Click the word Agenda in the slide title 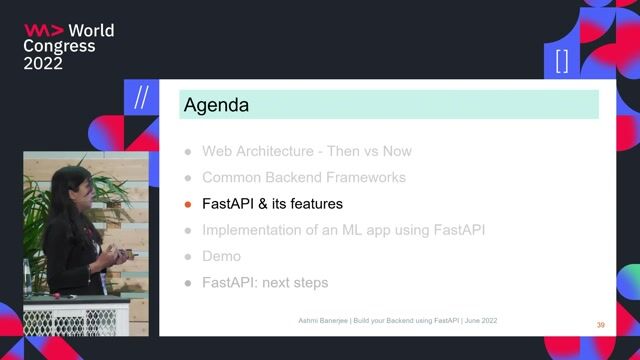point(216,104)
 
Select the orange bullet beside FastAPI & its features point(187,204)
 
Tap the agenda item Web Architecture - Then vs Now point(306,152)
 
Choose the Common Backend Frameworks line point(303,178)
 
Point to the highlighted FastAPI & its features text point(272,204)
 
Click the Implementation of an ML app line point(343,230)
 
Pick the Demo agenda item point(221,256)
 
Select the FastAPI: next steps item point(264,283)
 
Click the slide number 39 point(600,325)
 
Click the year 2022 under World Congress point(43,63)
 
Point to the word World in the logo point(91,30)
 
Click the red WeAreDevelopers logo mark point(43,30)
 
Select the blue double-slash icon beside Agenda point(142,98)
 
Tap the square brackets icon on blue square point(561,60)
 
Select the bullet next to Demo point(187,257)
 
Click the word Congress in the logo point(60,46)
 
